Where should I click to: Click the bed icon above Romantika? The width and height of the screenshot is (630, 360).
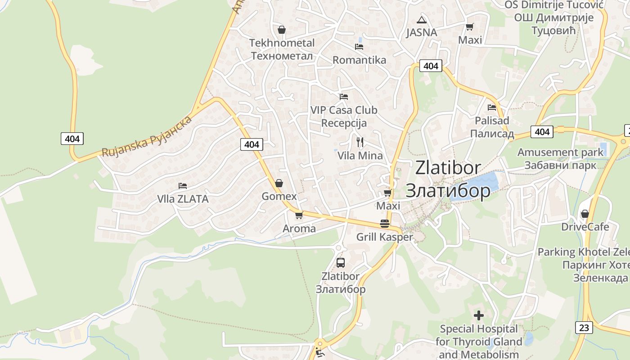(x=359, y=46)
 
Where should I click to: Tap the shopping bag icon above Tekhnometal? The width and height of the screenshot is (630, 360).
(x=281, y=30)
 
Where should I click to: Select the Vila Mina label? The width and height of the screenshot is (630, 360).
(x=360, y=156)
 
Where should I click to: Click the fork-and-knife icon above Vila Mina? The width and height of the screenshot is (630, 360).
(x=360, y=142)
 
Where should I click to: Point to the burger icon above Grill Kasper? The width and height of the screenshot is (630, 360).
(x=384, y=224)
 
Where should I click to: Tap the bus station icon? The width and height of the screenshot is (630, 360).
(x=341, y=263)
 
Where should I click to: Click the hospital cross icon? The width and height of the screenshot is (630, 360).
(x=479, y=315)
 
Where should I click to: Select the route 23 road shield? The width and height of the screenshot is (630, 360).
(x=584, y=327)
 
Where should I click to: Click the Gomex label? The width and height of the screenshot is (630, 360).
(x=279, y=196)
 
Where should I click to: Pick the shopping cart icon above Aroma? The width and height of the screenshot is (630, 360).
(x=299, y=215)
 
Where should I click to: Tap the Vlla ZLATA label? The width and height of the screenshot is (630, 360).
(x=183, y=198)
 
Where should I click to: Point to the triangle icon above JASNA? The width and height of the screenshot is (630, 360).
(x=421, y=19)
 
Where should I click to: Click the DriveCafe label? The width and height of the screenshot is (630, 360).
(x=585, y=226)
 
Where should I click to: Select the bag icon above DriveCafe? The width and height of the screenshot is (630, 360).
(x=585, y=213)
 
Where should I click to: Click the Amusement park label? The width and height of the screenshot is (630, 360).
(x=560, y=152)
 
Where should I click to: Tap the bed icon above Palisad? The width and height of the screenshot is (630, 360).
(x=492, y=108)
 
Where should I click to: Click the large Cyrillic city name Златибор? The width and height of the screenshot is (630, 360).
(x=448, y=190)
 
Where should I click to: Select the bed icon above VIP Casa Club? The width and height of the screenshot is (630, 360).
(x=344, y=96)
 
